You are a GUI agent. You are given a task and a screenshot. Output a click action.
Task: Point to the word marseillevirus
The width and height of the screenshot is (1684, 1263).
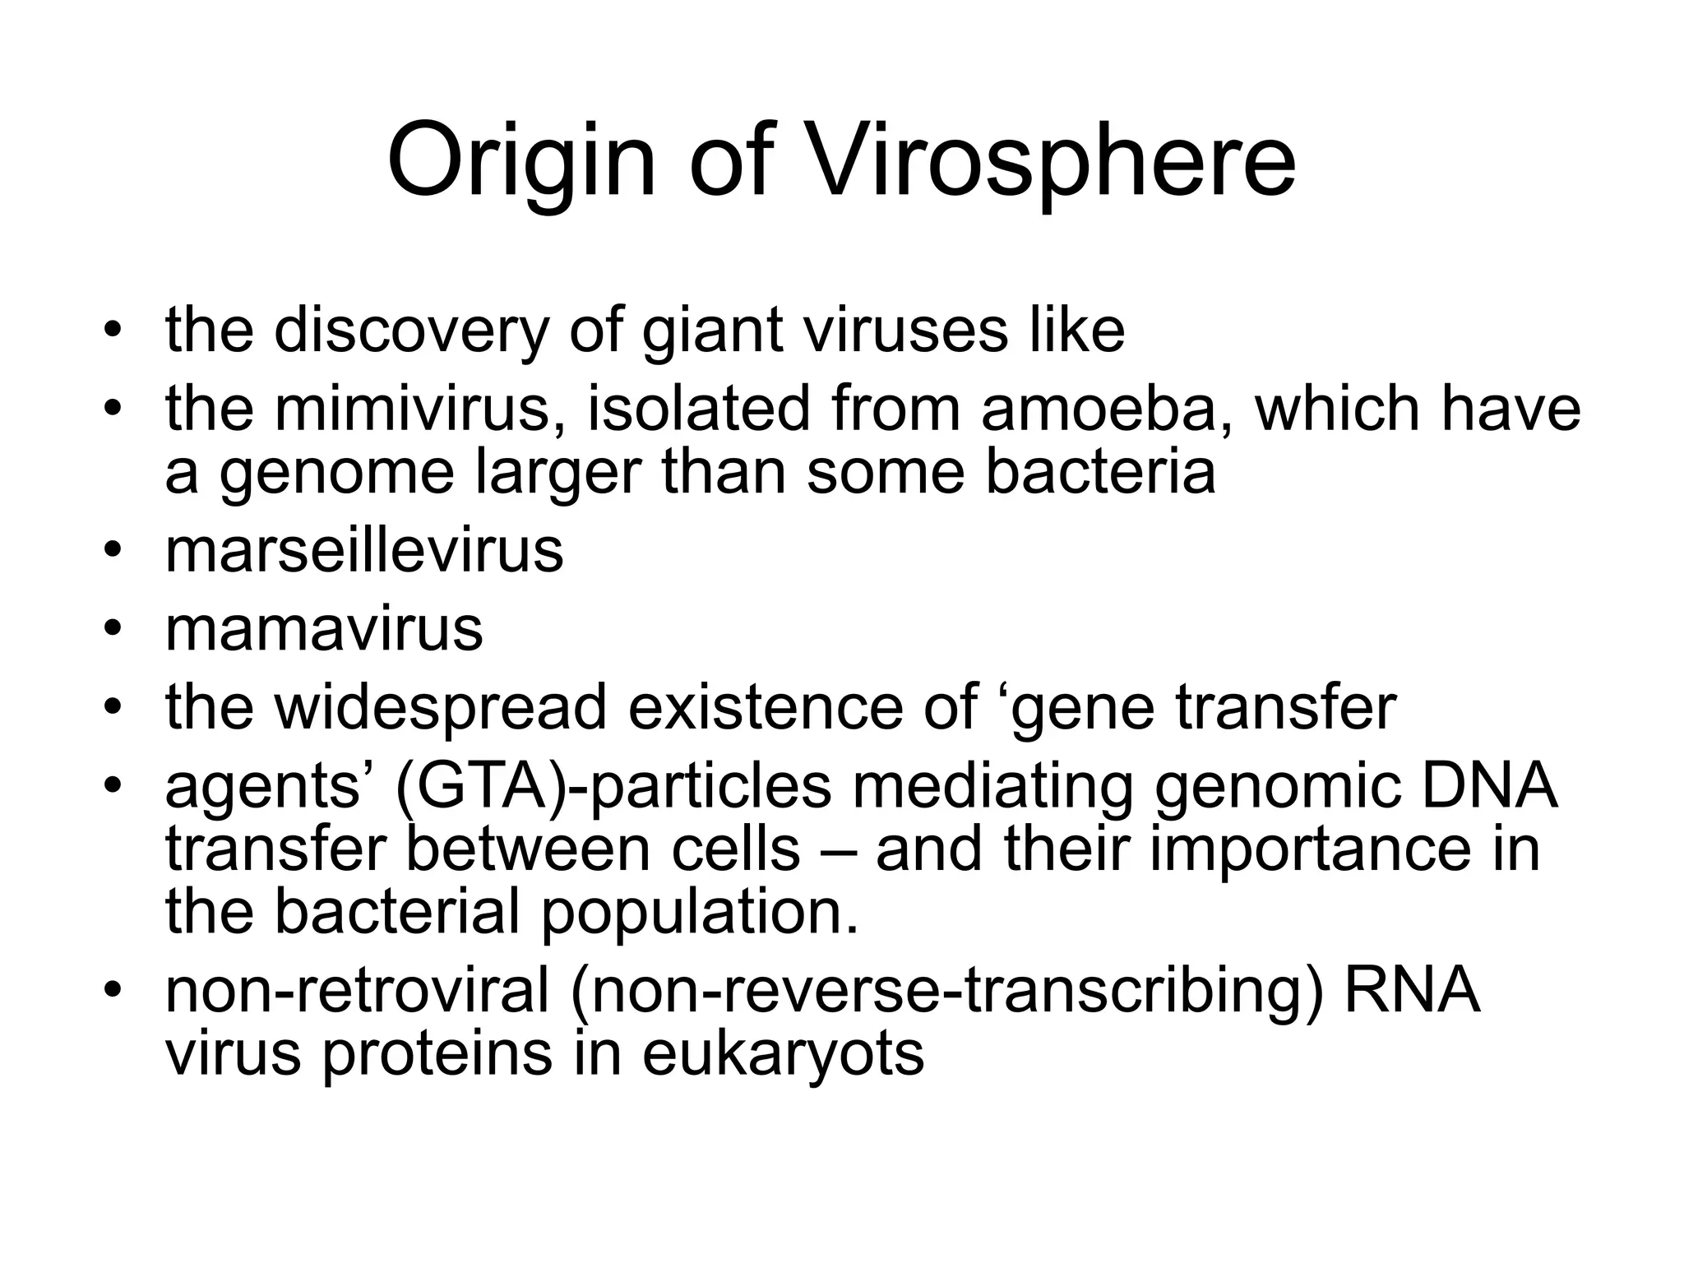tap(364, 550)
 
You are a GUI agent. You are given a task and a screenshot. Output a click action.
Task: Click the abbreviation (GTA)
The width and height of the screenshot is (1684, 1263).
tap(480, 787)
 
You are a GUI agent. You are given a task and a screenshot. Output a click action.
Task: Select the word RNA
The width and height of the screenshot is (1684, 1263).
tap(1411, 991)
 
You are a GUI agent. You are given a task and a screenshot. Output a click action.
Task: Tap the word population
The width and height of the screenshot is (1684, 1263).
tap(700, 912)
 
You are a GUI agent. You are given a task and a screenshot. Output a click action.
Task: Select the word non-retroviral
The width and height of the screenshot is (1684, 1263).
tap(357, 991)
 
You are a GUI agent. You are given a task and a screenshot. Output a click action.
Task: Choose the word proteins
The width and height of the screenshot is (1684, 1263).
tap(436, 1054)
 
